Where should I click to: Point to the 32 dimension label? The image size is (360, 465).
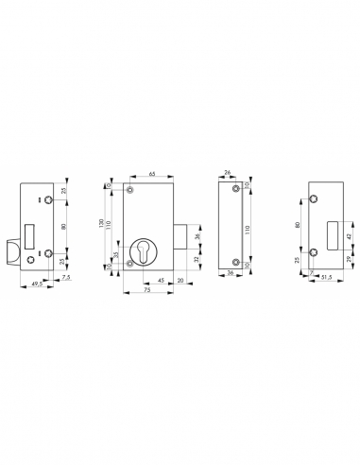pos(197,258)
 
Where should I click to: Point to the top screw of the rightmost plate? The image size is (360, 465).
pos(314,198)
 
